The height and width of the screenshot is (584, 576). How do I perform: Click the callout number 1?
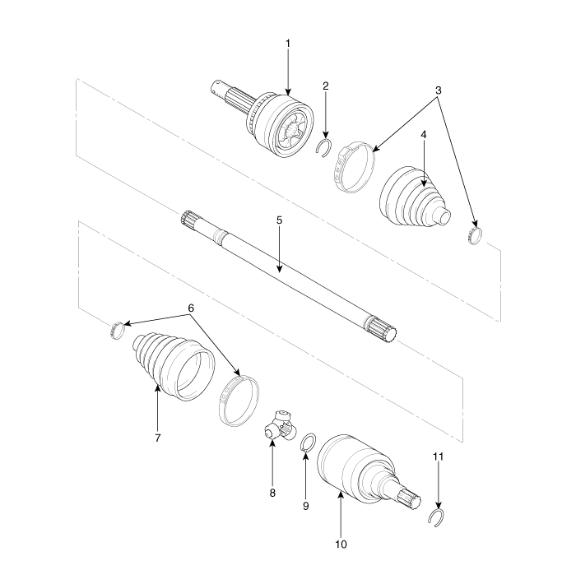click(288, 44)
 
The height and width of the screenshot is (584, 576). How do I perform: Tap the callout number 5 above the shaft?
click(280, 220)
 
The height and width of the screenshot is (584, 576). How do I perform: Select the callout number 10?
click(341, 545)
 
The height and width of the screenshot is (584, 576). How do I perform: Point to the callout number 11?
click(438, 457)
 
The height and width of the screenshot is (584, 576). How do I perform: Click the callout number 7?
click(158, 438)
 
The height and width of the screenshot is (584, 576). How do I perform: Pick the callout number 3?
click(438, 90)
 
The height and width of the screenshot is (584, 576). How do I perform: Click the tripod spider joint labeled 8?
click(280, 426)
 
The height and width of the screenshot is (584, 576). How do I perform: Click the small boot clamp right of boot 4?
click(475, 235)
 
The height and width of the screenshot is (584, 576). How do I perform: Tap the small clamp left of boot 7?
click(117, 330)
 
